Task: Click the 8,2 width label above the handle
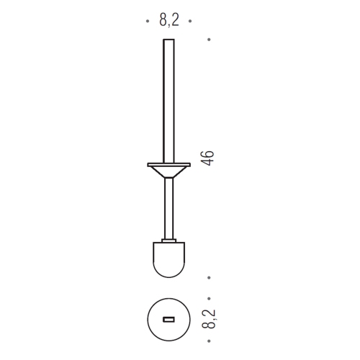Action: pyautogui.click(x=169, y=21)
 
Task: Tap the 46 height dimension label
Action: pyautogui.click(x=207, y=158)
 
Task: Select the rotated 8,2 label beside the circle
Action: pyautogui.click(x=209, y=319)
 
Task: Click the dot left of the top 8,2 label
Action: pyautogui.click(x=148, y=21)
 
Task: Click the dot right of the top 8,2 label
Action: pyautogui.click(x=190, y=21)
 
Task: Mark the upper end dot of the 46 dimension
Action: pyautogui.click(x=209, y=40)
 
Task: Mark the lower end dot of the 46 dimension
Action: pyautogui.click(x=209, y=278)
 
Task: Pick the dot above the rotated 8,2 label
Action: pyautogui.click(x=209, y=299)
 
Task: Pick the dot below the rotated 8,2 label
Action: pyautogui.click(x=209, y=341)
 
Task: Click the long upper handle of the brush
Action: pyautogui.click(x=168, y=101)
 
